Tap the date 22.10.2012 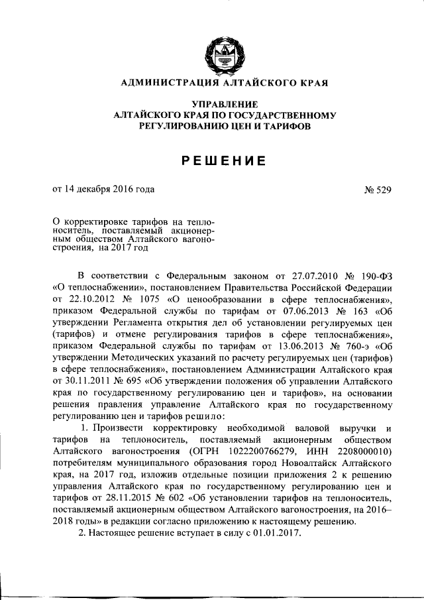tap(90, 300)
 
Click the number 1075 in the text tap(150, 300)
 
